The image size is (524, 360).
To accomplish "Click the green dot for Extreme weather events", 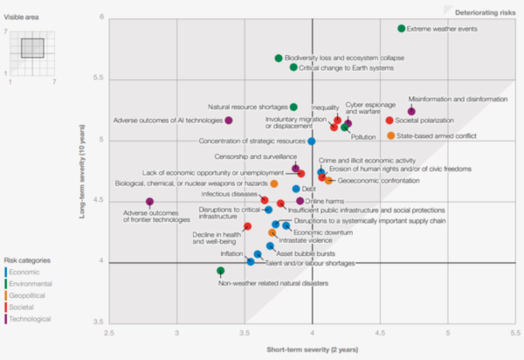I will [402, 29].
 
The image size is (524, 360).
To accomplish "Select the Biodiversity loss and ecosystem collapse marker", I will [279, 59].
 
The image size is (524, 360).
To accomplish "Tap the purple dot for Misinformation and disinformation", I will [411, 111].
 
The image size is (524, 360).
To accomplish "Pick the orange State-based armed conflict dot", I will [390, 135].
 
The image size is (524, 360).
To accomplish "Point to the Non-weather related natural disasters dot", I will [221, 271].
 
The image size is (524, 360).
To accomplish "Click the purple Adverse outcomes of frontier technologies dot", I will [150, 202].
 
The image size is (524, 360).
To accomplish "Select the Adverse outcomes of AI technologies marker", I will [229, 121].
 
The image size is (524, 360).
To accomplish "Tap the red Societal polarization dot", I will [390, 121].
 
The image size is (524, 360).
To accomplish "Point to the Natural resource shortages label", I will [245, 107].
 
